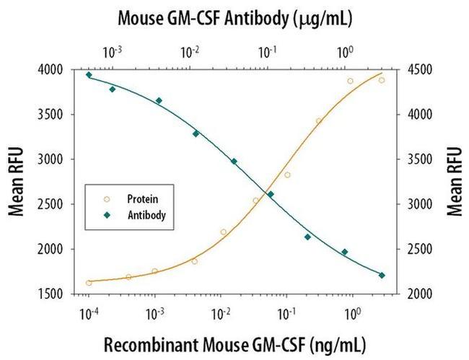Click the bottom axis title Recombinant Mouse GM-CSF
pyautogui.click(x=234, y=343)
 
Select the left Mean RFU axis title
pyautogui.click(x=16, y=181)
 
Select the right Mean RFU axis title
pyautogui.click(x=454, y=181)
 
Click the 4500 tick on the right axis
pyautogui.click(x=421, y=70)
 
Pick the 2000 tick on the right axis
pyautogui.click(x=421, y=294)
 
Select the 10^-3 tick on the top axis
pyautogui.click(x=113, y=52)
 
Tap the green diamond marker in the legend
pyautogui.click(x=107, y=214)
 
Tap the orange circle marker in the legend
pyautogui.click(x=107, y=197)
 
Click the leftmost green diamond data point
pyautogui.click(x=89, y=74)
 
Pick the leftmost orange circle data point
pyautogui.click(x=89, y=283)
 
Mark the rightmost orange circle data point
pyautogui.click(x=382, y=80)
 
